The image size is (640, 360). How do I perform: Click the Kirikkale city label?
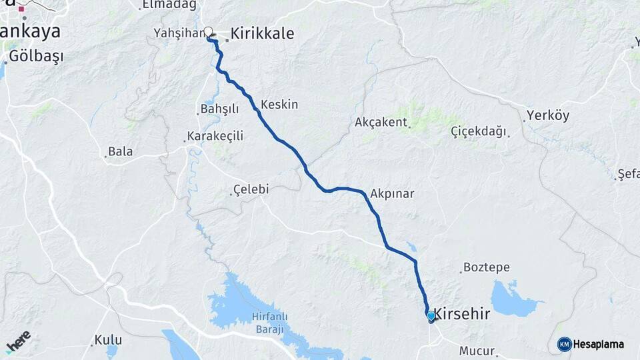pos(262,33)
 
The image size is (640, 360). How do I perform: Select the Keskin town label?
pos(279,105)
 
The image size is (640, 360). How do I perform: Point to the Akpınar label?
pos(392,194)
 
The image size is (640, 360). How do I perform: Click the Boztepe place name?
pos(486,267)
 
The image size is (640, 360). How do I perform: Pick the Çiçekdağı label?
pos(478,130)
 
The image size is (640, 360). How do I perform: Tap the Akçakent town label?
pos(381,122)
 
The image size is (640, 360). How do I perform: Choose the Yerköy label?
pos(548,115)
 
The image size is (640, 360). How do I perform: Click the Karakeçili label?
pos(215,136)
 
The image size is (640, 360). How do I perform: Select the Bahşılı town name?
pos(219,109)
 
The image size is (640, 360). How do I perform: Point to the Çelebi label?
pos(251,189)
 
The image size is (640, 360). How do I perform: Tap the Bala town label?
pos(121,151)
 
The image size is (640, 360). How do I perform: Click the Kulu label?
pos(108,340)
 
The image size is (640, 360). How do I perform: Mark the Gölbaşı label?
pos(37,56)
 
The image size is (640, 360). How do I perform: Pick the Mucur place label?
pos(477,351)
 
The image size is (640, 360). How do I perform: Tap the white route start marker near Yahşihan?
pos(209,31)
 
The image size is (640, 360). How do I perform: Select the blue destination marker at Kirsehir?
pos(431,316)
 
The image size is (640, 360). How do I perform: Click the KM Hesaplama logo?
pos(591,344)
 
